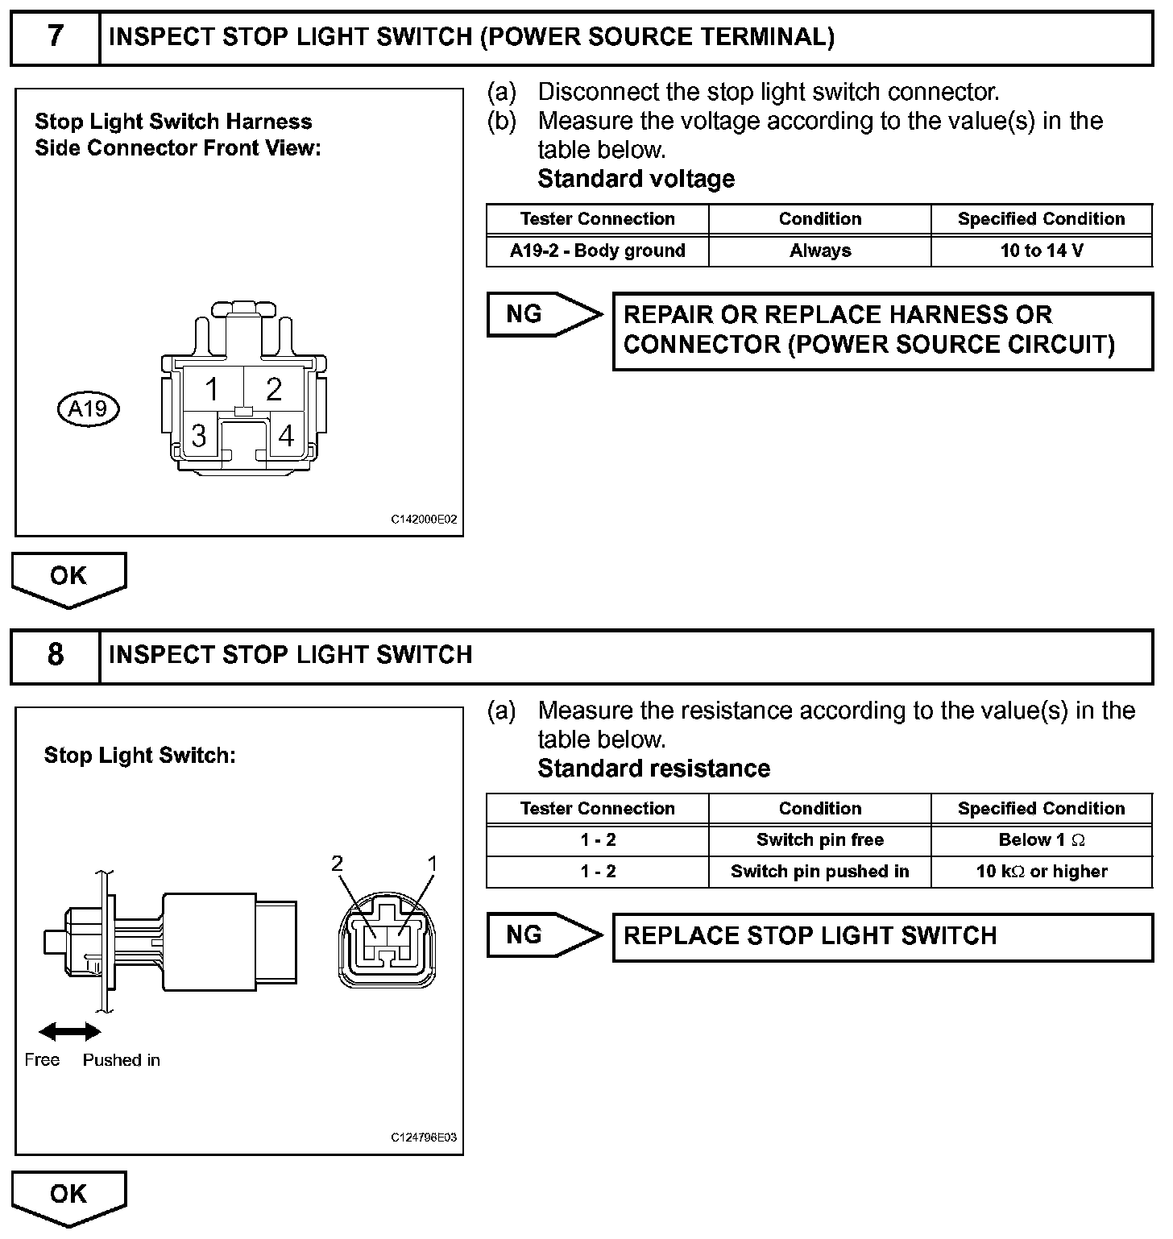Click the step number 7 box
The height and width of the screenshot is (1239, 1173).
point(55,37)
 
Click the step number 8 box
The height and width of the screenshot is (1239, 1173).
point(55,655)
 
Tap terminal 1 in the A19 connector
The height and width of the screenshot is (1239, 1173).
point(212,390)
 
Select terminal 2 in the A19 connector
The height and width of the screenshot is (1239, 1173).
point(275,390)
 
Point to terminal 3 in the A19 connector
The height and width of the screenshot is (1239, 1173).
point(198,436)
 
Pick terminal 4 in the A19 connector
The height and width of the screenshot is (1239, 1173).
point(286,436)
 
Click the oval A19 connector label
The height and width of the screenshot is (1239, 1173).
point(88,409)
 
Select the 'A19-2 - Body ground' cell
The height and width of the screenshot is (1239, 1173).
point(597,251)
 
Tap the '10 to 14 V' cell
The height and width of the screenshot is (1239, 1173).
point(1041,251)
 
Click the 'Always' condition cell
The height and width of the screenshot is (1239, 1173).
point(819,251)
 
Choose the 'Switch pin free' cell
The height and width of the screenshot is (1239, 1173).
point(819,839)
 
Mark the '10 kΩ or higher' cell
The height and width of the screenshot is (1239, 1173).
point(1041,872)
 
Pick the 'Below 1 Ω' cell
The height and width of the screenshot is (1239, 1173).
point(1041,839)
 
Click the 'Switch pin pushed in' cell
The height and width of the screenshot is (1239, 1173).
point(819,872)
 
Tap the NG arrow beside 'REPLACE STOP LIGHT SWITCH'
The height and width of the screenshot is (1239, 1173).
point(543,935)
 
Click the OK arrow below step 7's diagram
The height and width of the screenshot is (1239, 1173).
point(68,578)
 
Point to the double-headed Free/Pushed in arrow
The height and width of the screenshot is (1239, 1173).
point(70,1032)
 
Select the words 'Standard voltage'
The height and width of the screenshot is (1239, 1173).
point(636,179)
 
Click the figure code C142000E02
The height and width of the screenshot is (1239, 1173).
point(424,520)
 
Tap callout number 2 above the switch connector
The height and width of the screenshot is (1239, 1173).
point(338,864)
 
